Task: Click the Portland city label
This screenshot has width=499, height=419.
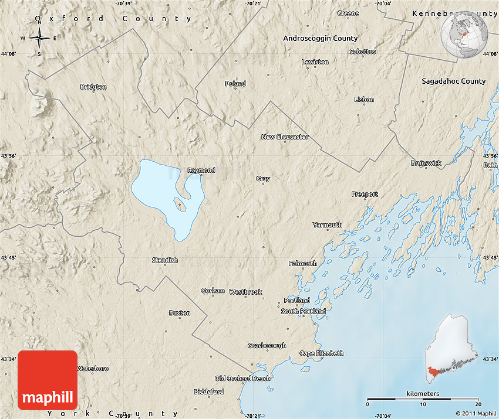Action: click(296, 300)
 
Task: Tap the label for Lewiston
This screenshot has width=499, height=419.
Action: click(315, 62)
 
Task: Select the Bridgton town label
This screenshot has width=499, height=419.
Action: click(93, 87)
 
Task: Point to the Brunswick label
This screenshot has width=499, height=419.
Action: click(426, 163)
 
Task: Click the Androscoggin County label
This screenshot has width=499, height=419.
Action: click(320, 38)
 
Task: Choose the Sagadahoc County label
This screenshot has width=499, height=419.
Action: click(453, 81)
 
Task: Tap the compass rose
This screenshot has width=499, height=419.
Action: click(39, 39)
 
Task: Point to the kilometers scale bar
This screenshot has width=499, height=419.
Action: click(423, 399)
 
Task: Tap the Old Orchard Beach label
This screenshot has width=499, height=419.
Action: click(242, 379)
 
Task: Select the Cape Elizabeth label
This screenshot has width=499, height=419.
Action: click(321, 353)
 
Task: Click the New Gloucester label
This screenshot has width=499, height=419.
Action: click(285, 137)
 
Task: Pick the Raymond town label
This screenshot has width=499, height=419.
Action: click(201, 171)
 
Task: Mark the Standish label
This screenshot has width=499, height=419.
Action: click(164, 260)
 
